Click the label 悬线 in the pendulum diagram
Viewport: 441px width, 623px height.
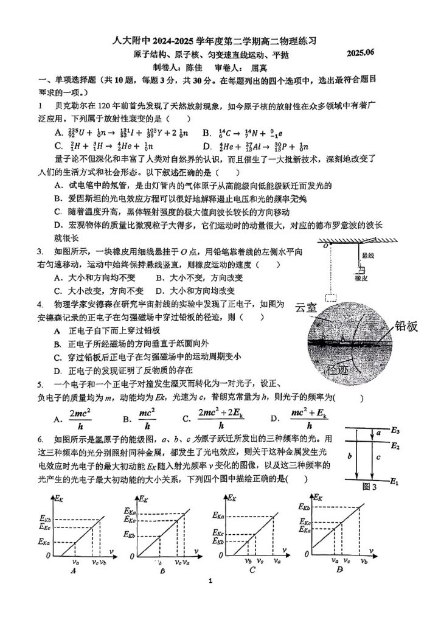pyautogui.click(x=367, y=256)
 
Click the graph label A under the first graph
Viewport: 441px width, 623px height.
pyautogui.click(x=74, y=571)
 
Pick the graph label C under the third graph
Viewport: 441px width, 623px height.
pyautogui.click(x=251, y=570)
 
